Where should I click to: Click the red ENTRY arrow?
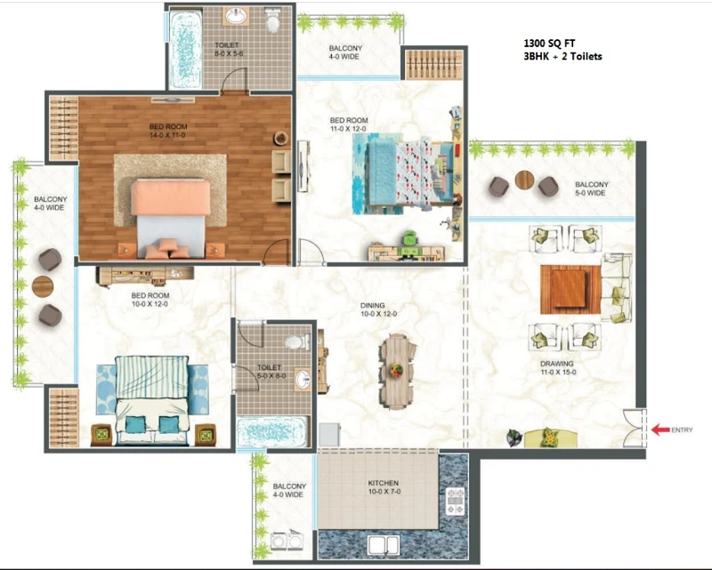point(660,430)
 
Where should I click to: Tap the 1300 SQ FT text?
point(549,44)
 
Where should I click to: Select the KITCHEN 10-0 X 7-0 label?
point(384,487)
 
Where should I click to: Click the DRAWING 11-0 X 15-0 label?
point(558,367)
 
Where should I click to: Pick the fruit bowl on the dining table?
point(396,370)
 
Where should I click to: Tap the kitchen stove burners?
point(456,501)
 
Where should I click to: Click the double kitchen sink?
point(384,545)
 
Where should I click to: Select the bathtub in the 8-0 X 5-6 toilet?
point(185,50)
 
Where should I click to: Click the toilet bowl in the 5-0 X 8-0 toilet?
point(296,341)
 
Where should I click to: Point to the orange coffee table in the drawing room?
point(570,290)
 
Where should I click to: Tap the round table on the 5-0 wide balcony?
point(524,180)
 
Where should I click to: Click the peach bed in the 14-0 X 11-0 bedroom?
point(171,218)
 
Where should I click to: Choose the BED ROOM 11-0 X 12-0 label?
point(348,124)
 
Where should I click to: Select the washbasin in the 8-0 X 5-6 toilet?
point(236,17)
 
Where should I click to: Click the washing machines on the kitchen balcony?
point(287,539)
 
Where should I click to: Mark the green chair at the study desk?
point(411,238)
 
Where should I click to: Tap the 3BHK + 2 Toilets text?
point(562,57)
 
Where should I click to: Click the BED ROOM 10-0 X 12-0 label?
point(150,300)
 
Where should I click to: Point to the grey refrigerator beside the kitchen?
point(329,435)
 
